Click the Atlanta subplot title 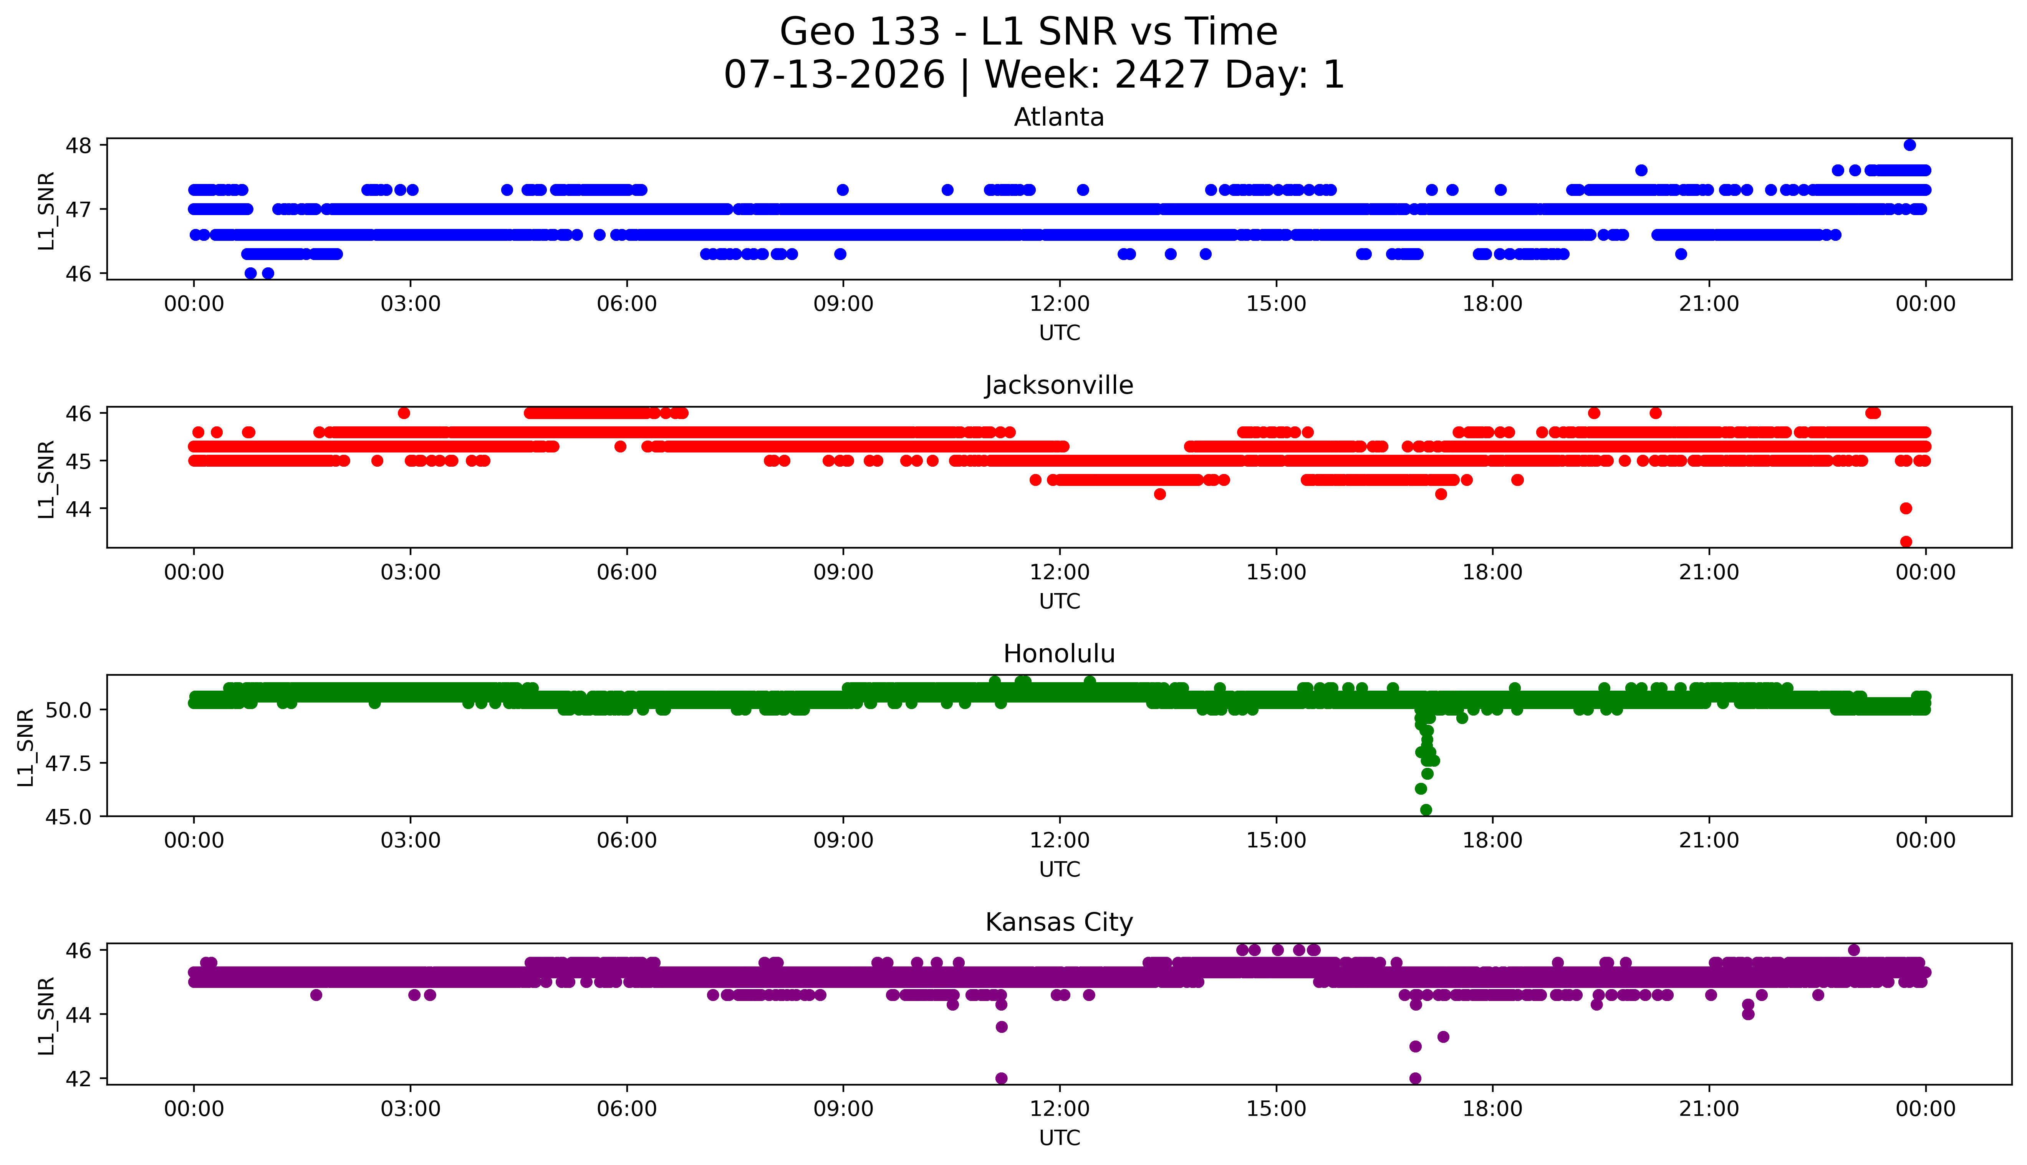(x=1059, y=118)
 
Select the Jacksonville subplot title (x=1059, y=386)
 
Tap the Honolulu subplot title (x=1059, y=654)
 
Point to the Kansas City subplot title (x=1059, y=923)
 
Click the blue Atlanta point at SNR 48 (x=1909, y=145)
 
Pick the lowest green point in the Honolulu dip (x=1426, y=810)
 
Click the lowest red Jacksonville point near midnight (x=1906, y=542)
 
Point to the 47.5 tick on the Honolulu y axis (x=69, y=763)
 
